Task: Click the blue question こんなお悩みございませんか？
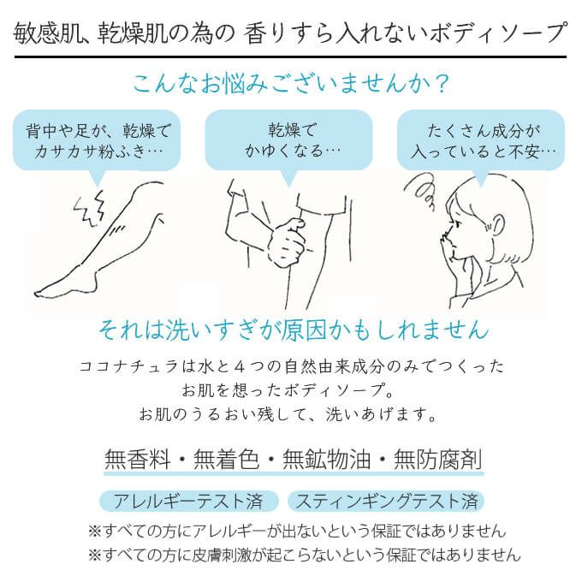pyautogui.click(x=291, y=84)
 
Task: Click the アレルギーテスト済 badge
pyautogui.click(x=188, y=501)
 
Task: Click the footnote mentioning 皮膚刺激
pyautogui.click(x=303, y=555)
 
